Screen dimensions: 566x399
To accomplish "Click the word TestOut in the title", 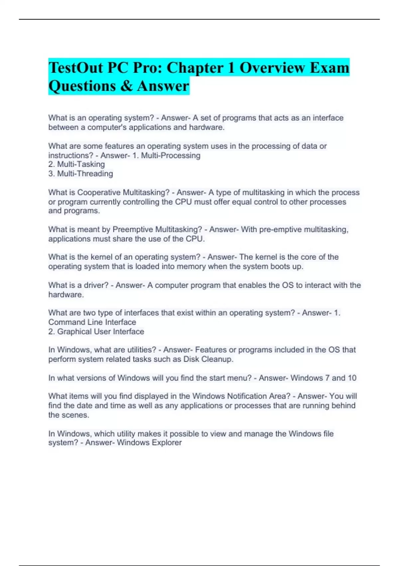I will [x=76, y=68].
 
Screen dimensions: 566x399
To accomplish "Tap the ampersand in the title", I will [x=126, y=86].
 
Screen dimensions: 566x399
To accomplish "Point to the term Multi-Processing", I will [x=171, y=155].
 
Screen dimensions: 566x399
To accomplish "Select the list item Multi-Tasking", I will [x=81, y=164].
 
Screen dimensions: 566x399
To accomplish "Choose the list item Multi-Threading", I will [x=85, y=173].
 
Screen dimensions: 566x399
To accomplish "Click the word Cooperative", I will [x=99, y=192].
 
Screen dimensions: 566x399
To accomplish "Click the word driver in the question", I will [x=96, y=285].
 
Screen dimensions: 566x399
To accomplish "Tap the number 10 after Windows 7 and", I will [x=352, y=378].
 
